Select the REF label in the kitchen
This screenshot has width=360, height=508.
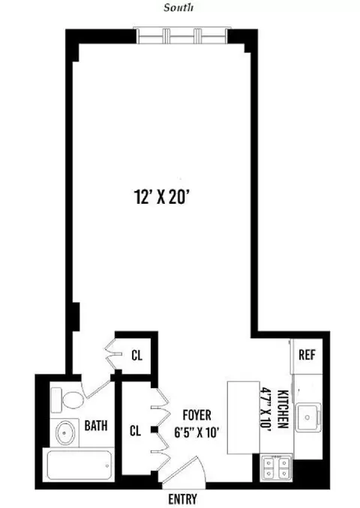coord(306,354)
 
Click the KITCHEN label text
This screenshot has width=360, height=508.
coord(283,408)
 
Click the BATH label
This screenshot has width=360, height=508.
coord(95,426)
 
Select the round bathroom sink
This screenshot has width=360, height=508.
coord(64,432)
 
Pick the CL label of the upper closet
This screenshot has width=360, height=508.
coord(137,355)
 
